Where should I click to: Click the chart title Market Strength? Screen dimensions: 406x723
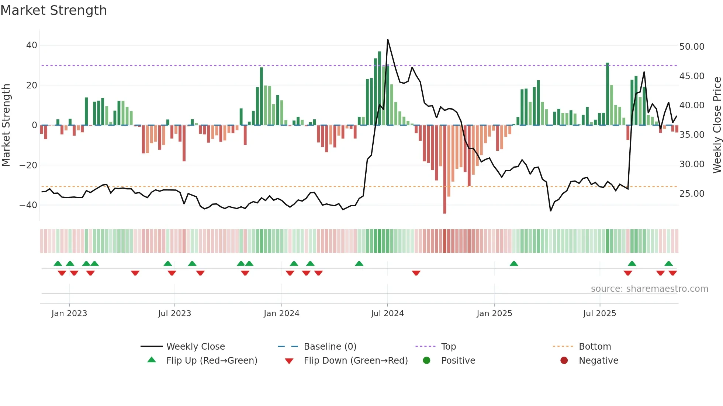(x=53, y=10)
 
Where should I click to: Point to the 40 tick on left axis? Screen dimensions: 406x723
(x=32, y=45)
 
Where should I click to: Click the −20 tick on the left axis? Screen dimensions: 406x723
(x=28, y=165)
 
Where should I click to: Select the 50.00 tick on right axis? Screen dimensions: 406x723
(x=692, y=47)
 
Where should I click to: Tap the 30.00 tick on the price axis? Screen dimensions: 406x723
(x=692, y=164)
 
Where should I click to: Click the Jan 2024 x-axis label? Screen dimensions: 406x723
(x=281, y=314)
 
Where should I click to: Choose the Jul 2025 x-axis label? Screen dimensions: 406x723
(x=599, y=314)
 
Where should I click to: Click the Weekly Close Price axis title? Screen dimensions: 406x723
(x=717, y=125)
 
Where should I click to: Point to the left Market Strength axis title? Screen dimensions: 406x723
(x=6, y=125)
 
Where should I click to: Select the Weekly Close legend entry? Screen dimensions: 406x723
(x=195, y=347)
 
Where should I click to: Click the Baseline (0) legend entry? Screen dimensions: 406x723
(x=330, y=347)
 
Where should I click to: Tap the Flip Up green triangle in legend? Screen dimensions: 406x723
(x=152, y=360)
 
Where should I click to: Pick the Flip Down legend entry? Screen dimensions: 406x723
(x=355, y=361)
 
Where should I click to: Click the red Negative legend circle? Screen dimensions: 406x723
(x=564, y=361)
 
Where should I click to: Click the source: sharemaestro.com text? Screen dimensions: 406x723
(x=649, y=289)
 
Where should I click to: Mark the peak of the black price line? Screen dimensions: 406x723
(x=388, y=39)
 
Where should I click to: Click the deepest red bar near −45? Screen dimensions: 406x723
(x=444, y=169)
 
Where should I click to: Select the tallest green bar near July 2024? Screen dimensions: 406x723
(x=380, y=88)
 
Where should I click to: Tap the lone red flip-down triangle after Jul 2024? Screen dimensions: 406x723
(x=416, y=273)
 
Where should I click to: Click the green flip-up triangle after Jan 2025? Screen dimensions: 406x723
(x=514, y=263)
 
